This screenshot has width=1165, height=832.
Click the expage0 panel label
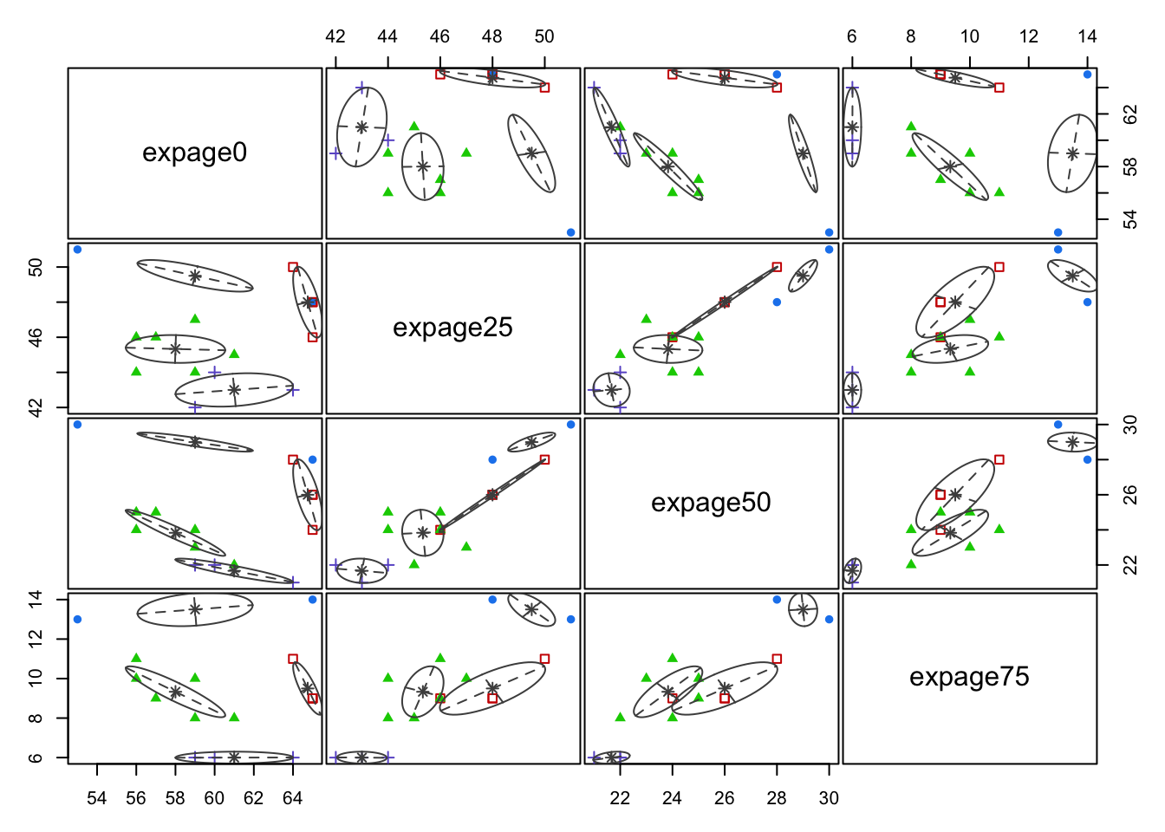point(194,153)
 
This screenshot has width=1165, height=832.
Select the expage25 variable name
point(452,328)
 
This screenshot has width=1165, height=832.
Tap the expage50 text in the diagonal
point(711,503)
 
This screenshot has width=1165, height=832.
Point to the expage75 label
point(969,677)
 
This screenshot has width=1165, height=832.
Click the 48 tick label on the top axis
point(491,36)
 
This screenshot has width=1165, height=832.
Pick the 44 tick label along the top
point(387,36)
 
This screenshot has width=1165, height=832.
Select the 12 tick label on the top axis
point(1029,36)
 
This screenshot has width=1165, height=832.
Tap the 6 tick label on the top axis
point(852,36)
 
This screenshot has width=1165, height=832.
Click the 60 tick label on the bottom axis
point(214,797)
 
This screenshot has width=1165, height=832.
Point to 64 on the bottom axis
point(293,797)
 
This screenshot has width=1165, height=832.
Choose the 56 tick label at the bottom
point(136,797)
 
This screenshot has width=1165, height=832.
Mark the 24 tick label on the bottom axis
point(672,797)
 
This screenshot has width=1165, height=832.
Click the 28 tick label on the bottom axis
point(777,797)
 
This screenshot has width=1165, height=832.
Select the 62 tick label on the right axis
point(1130,114)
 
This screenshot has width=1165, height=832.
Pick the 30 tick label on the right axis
point(1130,425)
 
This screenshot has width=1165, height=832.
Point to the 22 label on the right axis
point(1130,565)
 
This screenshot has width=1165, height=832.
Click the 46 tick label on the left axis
point(36,336)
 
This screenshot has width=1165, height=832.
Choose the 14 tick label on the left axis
point(36,599)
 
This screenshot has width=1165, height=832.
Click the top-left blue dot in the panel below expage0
point(77,250)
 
